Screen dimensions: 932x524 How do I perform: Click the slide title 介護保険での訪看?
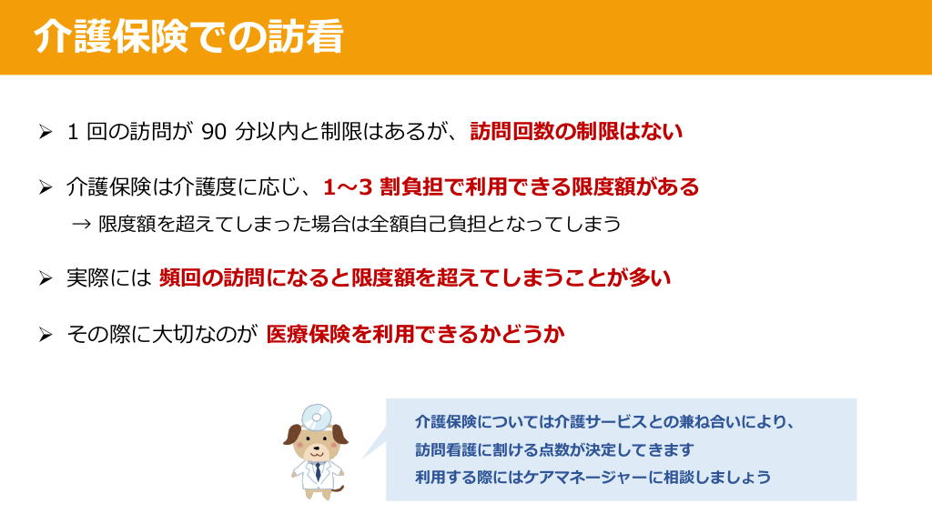click(x=188, y=36)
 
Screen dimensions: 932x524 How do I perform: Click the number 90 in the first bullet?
click(x=214, y=132)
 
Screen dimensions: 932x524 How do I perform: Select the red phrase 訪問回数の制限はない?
click(x=576, y=131)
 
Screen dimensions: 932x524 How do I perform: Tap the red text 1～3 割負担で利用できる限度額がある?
click(x=512, y=187)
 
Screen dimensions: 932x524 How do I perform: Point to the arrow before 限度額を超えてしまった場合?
click(x=81, y=224)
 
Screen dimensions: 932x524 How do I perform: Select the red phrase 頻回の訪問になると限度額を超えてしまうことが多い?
click(x=415, y=278)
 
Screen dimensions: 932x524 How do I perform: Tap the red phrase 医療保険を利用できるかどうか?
click(x=415, y=335)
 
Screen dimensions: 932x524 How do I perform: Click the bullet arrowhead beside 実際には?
click(x=46, y=278)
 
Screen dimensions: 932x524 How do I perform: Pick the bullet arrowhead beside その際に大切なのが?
click(x=46, y=335)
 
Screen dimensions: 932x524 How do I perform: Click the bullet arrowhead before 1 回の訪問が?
click(x=46, y=131)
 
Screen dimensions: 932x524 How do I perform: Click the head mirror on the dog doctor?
click(x=316, y=417)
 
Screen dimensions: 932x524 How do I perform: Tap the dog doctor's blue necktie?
click(x=318, y=471)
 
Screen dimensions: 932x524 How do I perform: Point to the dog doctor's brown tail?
click(x=339, y=489)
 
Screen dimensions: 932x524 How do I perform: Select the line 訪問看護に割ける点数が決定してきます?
click(x=554, y=449)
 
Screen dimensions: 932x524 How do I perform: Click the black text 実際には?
click(x=109, y=278)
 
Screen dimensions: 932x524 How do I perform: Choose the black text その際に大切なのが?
click(x=162, y=335)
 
